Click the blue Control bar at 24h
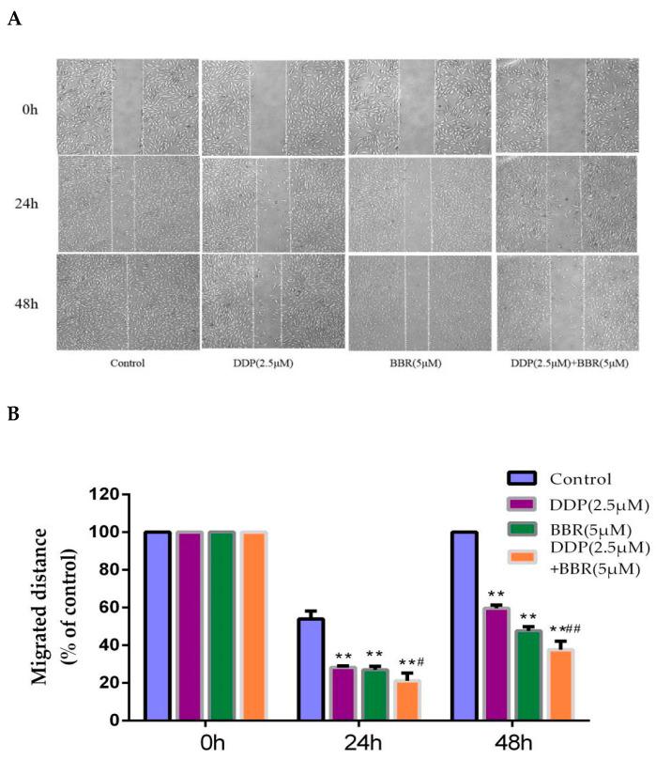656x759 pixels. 310,670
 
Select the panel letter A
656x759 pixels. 13,19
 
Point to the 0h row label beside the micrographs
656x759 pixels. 30,109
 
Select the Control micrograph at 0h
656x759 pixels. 128,106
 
